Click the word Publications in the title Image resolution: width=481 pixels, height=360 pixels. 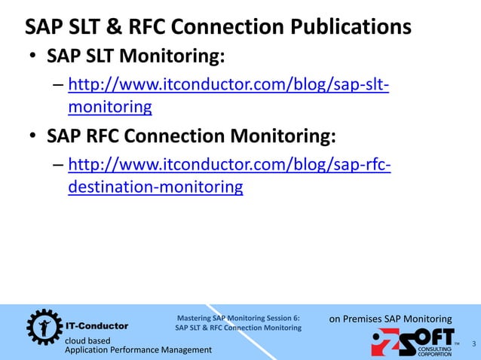point(349,27)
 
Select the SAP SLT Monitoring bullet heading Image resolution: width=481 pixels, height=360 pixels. point(136,57)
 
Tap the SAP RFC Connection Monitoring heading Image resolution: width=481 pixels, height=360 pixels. point(191,136)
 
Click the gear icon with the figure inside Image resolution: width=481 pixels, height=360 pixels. point(42,327)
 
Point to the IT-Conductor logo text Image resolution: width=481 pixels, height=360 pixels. point(97,326)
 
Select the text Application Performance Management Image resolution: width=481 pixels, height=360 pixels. point(139,350)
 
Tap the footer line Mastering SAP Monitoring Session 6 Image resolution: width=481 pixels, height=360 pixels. point(238,318)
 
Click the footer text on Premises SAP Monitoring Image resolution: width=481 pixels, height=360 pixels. point(391,319)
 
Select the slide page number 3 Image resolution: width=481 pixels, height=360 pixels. point(473,344)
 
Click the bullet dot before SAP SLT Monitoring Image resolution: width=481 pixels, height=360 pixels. point(32,59)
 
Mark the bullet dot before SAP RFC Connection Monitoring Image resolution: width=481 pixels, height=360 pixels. point(32,138)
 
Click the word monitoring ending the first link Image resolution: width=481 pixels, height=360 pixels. point(109,108)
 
